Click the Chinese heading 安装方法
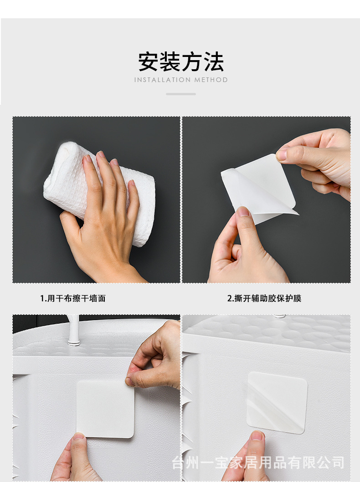(181, 62)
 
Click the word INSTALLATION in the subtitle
(162, 80)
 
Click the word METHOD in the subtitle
(211, 80)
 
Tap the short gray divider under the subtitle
(181, 94)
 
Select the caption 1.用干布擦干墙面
(73, 298)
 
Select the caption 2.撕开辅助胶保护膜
(264, 298)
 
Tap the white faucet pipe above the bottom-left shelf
(72, 330)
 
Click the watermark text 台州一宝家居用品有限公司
(257, 463)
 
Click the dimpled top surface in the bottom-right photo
(273, 333)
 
